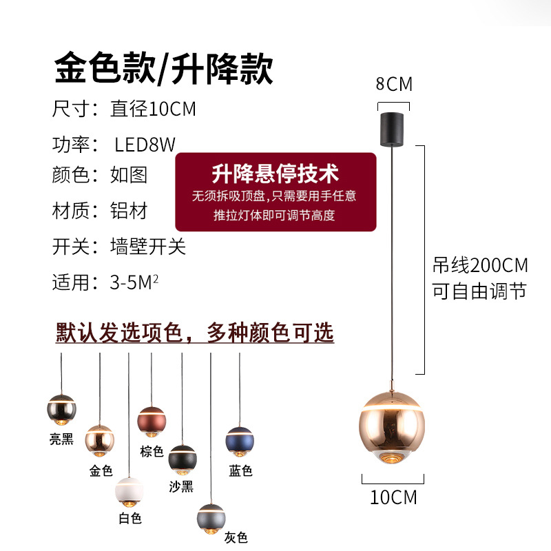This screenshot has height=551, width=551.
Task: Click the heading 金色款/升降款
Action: (164, 69)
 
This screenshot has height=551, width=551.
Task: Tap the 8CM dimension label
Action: (394, 85)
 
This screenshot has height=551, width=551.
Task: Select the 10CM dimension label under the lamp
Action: (394, 497)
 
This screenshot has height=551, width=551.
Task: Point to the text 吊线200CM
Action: (480, 265)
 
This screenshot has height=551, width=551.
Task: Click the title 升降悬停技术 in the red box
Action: (275, 172)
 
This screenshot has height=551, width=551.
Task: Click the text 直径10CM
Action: (153, 109)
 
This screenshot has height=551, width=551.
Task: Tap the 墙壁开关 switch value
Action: (148, 246)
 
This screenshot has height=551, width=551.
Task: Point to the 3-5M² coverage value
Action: (134, 282)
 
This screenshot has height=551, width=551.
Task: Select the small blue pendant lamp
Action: (240, 441)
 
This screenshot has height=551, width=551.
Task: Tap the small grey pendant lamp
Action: (211, 518)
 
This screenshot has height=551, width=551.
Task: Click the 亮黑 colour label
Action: (61, 439)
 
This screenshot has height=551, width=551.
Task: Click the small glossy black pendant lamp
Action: (61, 408)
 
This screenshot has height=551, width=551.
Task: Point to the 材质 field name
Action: (71, 210)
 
